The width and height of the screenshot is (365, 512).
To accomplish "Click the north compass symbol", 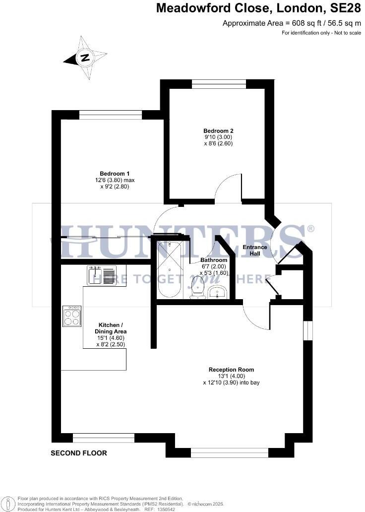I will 85,58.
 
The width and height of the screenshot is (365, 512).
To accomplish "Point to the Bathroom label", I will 214,260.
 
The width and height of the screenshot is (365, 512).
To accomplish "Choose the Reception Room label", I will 231,370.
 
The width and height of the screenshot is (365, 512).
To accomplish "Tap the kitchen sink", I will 101,275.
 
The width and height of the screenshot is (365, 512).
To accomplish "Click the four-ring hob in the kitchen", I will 72,316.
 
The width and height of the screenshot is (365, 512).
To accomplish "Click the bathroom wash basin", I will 217,293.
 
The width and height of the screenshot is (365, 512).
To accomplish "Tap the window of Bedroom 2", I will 219,84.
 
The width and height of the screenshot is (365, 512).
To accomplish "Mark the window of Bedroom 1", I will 111,115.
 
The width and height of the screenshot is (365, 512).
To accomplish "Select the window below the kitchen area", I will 104,438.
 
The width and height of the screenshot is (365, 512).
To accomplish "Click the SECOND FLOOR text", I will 79,453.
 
